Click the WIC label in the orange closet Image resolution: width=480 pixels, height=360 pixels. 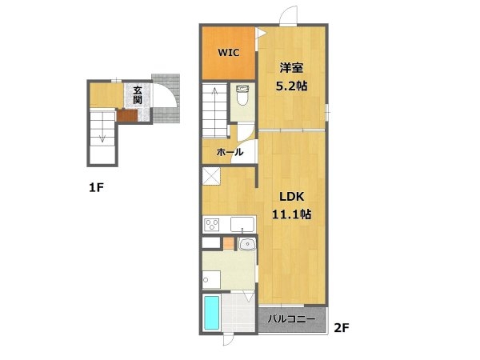coord(228,53)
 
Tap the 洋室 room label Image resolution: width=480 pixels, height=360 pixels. coord(291,68)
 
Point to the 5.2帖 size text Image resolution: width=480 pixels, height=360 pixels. coord(291,86)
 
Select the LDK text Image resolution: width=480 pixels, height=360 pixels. coord(291,197)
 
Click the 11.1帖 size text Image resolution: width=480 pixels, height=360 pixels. coord(291,214)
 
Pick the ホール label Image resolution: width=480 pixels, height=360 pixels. coord(230,152)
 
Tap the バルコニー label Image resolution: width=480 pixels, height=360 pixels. coord(291,319)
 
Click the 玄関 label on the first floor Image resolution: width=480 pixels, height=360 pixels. coord(138,95)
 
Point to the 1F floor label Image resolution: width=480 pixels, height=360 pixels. coord(97,187)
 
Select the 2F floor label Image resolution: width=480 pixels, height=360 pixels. coord(342,328)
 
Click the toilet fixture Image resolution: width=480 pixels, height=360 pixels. coord(243,95)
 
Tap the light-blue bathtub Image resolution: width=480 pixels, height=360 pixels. coord(211,312)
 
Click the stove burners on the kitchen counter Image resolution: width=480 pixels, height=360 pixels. coord(211,225)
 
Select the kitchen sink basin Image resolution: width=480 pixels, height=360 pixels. coord(242,224)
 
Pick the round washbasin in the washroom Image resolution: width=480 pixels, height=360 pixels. coord(246,244)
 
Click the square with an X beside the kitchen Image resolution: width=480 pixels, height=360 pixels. coord(211,176)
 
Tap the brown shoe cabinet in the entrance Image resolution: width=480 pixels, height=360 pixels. coord(127,115)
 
